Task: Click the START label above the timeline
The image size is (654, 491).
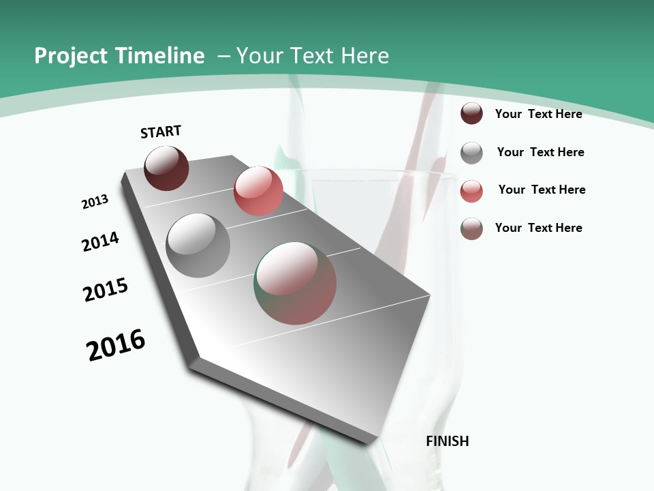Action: tap(161, 132)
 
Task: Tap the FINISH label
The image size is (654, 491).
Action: tap(448, 441)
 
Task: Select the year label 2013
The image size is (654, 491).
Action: tap(95, 202)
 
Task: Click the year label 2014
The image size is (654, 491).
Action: tap(100, 241)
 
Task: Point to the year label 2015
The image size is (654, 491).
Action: tap(106, 289)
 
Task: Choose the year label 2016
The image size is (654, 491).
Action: tap(116, 345)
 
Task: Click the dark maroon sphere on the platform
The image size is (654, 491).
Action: tap(166, 168)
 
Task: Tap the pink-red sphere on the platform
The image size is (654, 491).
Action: tap(258, 191)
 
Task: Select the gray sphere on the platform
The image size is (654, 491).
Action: tap(198, 245)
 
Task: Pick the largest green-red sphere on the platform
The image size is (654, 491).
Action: tap(296, 283)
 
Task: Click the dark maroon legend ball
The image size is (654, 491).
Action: tap(471, 113)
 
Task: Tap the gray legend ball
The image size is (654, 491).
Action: tap(471, 153)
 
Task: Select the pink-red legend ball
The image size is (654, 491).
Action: tap(471, 191)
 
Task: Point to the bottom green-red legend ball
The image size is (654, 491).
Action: tap(471, 228)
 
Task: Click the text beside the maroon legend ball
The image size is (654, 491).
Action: tap(538, 114)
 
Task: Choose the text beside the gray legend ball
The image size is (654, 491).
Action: tap(540, 152)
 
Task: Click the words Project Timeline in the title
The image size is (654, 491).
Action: tap(119, 56)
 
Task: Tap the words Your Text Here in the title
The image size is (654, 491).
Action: tap(312, 56)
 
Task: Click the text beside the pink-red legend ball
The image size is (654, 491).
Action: tap(542, 190)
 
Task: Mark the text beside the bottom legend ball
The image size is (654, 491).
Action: tap(538, 228)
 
